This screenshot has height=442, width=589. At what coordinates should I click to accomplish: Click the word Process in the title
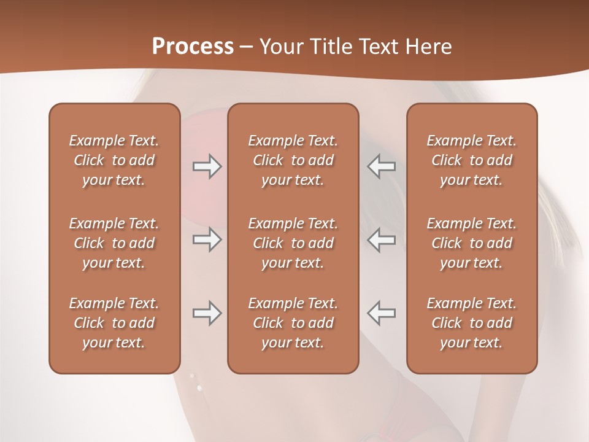point(193,47)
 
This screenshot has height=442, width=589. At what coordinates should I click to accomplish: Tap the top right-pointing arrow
point(207,166)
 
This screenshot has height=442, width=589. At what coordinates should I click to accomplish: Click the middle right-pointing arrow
point(207,239)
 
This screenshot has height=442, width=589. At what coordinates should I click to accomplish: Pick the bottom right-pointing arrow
point(207,313)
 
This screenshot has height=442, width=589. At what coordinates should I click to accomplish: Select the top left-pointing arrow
point(382,166)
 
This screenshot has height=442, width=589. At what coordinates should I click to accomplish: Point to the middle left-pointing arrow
point(382,239)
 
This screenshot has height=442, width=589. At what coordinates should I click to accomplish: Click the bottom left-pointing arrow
point(382,313)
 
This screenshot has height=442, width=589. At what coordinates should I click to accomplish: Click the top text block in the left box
point(114,160)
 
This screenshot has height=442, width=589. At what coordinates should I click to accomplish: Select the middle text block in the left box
point(114,243)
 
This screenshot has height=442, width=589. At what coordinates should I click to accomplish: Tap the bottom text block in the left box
point(114,323)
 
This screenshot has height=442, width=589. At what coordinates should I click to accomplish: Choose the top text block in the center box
point(293,160)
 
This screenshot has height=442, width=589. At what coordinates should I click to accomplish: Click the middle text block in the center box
point(293,243)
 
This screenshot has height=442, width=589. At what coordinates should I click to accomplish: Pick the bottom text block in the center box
point(293,323)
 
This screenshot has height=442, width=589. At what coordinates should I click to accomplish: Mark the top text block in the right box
point(472,160)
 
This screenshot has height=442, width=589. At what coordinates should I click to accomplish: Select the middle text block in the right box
point(472,243)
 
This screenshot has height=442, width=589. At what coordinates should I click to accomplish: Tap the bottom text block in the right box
point(472,323)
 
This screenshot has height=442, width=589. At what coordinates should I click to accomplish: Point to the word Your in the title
point(279,47)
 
